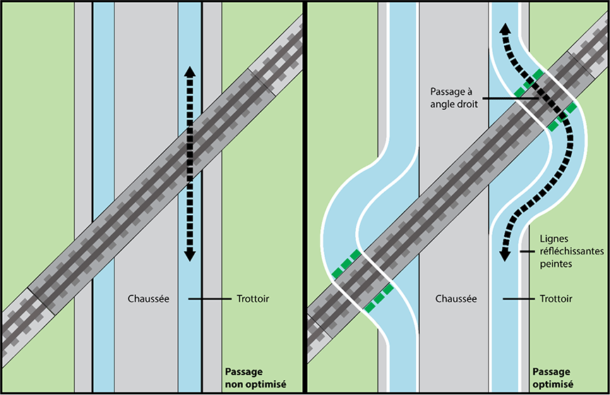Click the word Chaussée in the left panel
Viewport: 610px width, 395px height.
pos(148,299)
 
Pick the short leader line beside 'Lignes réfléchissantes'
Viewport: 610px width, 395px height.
pos(525,251)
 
